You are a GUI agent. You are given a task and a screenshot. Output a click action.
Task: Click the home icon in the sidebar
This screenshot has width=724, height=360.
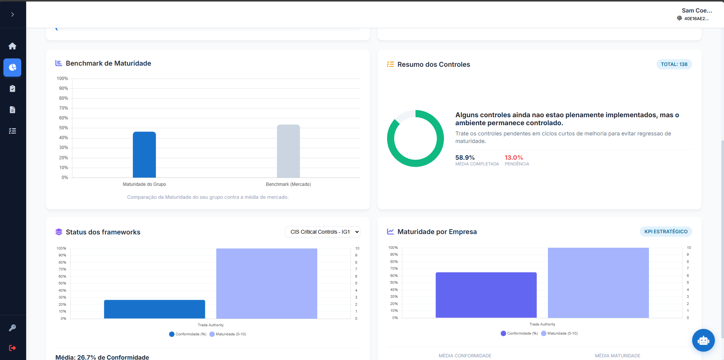click(13, 46)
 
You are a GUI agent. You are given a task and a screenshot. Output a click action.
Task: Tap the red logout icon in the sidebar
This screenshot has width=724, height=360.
click(13, 348)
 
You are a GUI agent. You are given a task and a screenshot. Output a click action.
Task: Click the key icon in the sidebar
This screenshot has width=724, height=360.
click(13, 328)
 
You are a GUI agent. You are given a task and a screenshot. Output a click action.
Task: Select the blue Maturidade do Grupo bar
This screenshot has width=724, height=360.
click(144, 154)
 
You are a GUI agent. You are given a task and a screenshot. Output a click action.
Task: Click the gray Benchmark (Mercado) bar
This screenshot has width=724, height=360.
click(288, 151)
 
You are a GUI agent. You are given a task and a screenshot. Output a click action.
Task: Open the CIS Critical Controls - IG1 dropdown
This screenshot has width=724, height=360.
click(323, 232)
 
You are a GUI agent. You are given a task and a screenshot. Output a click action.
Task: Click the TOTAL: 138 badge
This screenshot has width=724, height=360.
click(674, 64)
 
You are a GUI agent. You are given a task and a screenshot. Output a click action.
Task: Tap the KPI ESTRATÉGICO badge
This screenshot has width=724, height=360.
click(666, 231)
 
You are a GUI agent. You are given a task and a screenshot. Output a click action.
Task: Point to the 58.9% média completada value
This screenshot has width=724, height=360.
click(465, 157)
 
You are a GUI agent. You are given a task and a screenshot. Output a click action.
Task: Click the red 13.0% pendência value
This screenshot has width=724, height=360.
click(514, 157)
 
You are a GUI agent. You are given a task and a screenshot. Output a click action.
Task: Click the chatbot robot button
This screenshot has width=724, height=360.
click(703, 340)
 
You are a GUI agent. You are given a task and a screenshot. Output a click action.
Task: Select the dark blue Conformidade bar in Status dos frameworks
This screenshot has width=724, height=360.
click(154, 309)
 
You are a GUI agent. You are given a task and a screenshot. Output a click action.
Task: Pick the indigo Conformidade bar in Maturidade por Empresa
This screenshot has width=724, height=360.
click(486, 295)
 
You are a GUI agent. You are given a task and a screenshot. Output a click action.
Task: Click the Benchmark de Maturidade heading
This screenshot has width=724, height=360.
click(108, 63)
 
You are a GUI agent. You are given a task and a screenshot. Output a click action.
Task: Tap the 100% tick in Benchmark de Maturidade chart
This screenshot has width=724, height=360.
click(62, 79)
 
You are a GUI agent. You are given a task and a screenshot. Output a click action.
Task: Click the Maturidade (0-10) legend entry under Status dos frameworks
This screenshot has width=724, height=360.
click(228, 334)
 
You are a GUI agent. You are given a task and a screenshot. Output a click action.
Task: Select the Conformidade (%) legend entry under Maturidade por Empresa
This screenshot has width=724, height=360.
click(519, 333)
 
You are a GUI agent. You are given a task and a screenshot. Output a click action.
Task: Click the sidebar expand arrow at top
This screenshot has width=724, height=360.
click(13, 14)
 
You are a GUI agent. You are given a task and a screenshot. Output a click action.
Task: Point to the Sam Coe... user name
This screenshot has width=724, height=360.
click(697, 11)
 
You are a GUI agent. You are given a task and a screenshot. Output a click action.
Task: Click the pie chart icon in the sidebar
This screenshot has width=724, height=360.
click(13, 68)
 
